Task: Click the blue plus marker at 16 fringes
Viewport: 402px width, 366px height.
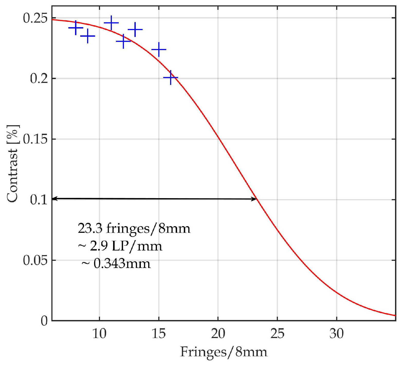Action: (x=171, y=77)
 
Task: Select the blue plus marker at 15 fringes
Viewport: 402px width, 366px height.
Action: (x=159, y=49)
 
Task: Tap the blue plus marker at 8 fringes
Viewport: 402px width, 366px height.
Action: (x=76, y=28)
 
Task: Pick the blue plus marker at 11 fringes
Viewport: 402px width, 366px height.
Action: (x=111, y=23)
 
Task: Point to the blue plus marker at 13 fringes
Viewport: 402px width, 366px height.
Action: (x=135, y=29)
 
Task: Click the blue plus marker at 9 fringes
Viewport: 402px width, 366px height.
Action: (x=88, y=36)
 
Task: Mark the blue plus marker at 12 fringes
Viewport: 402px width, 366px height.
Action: (x=123, y=41)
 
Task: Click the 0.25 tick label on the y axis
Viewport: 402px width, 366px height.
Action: (x=35, y=18)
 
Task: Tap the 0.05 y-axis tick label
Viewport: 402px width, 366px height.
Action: (x=35, y=260)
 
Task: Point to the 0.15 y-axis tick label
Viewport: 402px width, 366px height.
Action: (x=35, y=139)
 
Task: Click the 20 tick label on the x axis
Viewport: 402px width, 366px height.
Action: (x=218, y=334)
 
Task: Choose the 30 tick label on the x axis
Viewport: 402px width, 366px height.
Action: (x=337, y=334)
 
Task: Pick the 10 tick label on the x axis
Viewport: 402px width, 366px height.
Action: (x=99, y=334)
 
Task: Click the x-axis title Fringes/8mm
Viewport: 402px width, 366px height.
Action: (x=224, y=352)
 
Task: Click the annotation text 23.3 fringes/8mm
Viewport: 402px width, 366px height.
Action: (x=134, y=228)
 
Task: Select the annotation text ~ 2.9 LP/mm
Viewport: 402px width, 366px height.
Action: (x=120, y=246)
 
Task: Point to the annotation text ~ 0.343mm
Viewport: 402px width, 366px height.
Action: (x=116, y=264)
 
